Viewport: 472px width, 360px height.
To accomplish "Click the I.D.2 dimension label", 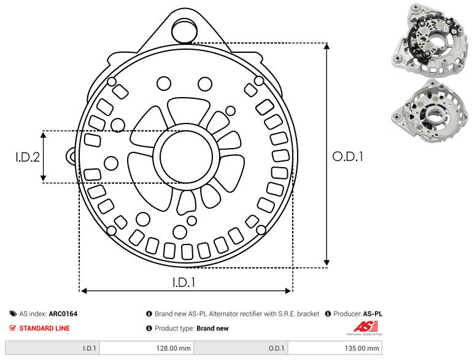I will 28,157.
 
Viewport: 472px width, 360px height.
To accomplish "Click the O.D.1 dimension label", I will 348,157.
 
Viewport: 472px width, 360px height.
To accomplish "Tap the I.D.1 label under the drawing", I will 184,283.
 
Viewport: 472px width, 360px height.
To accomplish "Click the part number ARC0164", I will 63,314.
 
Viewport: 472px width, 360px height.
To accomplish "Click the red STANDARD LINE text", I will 44,328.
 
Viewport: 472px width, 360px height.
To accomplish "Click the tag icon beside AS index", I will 13,314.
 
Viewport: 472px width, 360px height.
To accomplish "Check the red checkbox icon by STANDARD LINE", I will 13,328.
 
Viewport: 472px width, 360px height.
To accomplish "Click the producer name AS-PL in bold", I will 373,314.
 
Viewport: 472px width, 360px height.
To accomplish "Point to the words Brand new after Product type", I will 212,328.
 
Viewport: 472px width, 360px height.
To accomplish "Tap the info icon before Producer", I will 328,314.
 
